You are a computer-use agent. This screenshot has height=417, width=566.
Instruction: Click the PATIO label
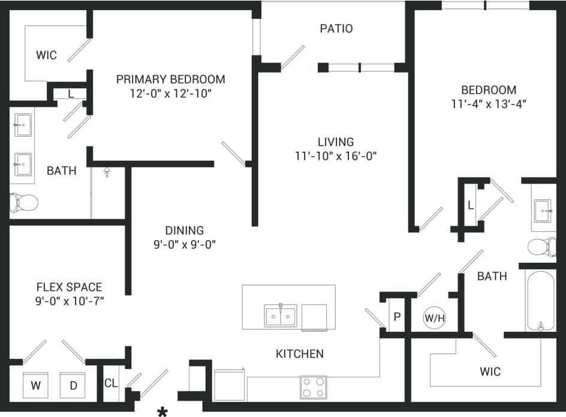336,28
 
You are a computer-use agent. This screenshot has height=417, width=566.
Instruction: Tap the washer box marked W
36,385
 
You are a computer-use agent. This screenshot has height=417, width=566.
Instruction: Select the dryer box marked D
73,385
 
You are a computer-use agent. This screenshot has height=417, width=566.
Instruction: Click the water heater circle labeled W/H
434,318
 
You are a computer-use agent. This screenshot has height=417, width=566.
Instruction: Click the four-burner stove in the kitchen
313,387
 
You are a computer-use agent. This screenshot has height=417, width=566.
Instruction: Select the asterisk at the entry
162,412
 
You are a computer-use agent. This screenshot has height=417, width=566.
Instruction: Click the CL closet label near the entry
110,383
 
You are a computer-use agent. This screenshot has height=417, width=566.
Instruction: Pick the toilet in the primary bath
24,202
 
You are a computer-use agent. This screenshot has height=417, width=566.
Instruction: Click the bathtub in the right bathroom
541,301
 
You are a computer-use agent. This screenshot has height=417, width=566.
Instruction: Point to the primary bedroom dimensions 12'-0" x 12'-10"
171,94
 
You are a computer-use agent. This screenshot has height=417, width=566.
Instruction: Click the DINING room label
185,230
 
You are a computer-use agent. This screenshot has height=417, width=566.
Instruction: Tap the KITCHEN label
300,354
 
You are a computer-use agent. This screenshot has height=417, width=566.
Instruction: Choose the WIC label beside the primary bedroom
46,55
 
